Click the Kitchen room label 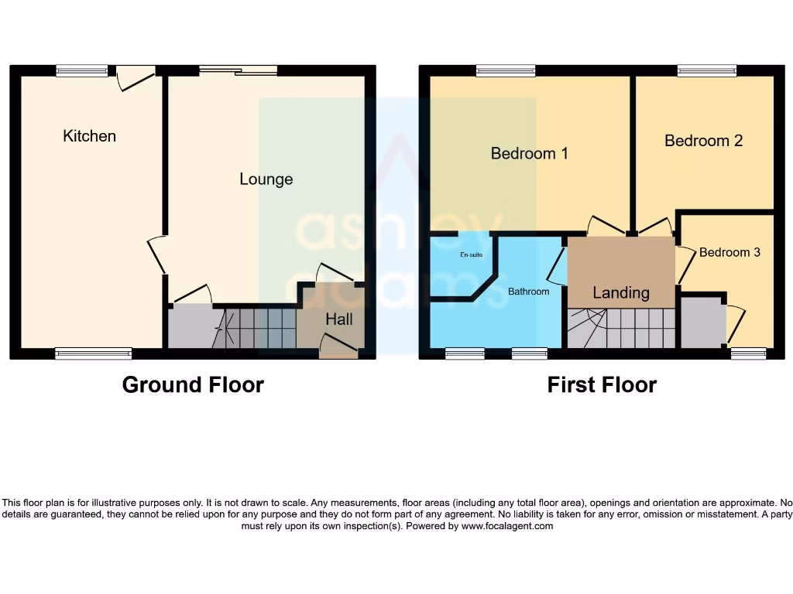[89, 136]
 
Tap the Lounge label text [266, 179]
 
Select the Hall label [339, 319]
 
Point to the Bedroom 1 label [529, 153]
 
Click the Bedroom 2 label [703, 141]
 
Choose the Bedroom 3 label [729, 252]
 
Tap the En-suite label [471, 254]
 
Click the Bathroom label [528, 292]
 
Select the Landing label [620, 292]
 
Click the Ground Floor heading [193, 384]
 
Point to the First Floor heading [602, 384]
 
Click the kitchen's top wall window [81, 70]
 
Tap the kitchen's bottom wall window [93, 353]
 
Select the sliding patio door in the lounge [238, 70]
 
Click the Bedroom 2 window [706, 70]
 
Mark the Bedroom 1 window [505, 70]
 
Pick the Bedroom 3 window [748, 353]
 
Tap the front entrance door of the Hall [339, 344]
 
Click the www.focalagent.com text [507, 526]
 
